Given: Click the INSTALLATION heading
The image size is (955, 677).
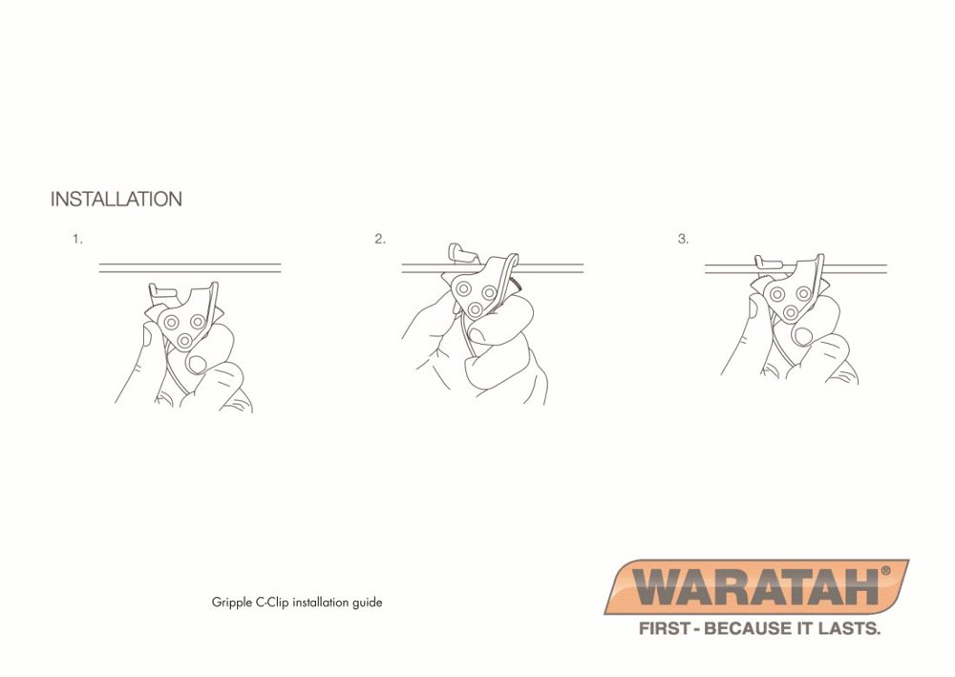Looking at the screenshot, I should point(116,200).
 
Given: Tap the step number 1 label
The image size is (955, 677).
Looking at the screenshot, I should point(77,239).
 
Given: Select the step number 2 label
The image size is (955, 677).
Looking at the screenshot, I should point(380,239).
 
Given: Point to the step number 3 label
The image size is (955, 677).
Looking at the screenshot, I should point(683,239).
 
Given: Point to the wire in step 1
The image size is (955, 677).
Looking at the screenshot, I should point(190,267).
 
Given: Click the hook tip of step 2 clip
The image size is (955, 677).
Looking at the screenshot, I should point(457,252).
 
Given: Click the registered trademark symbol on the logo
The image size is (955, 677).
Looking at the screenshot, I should point(885,570).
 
